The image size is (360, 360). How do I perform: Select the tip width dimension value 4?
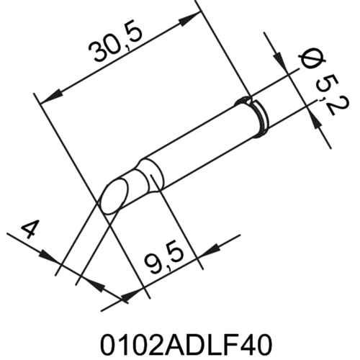(x=30, y=230)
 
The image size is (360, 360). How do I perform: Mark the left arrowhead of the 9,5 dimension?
(x=130, y=294)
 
